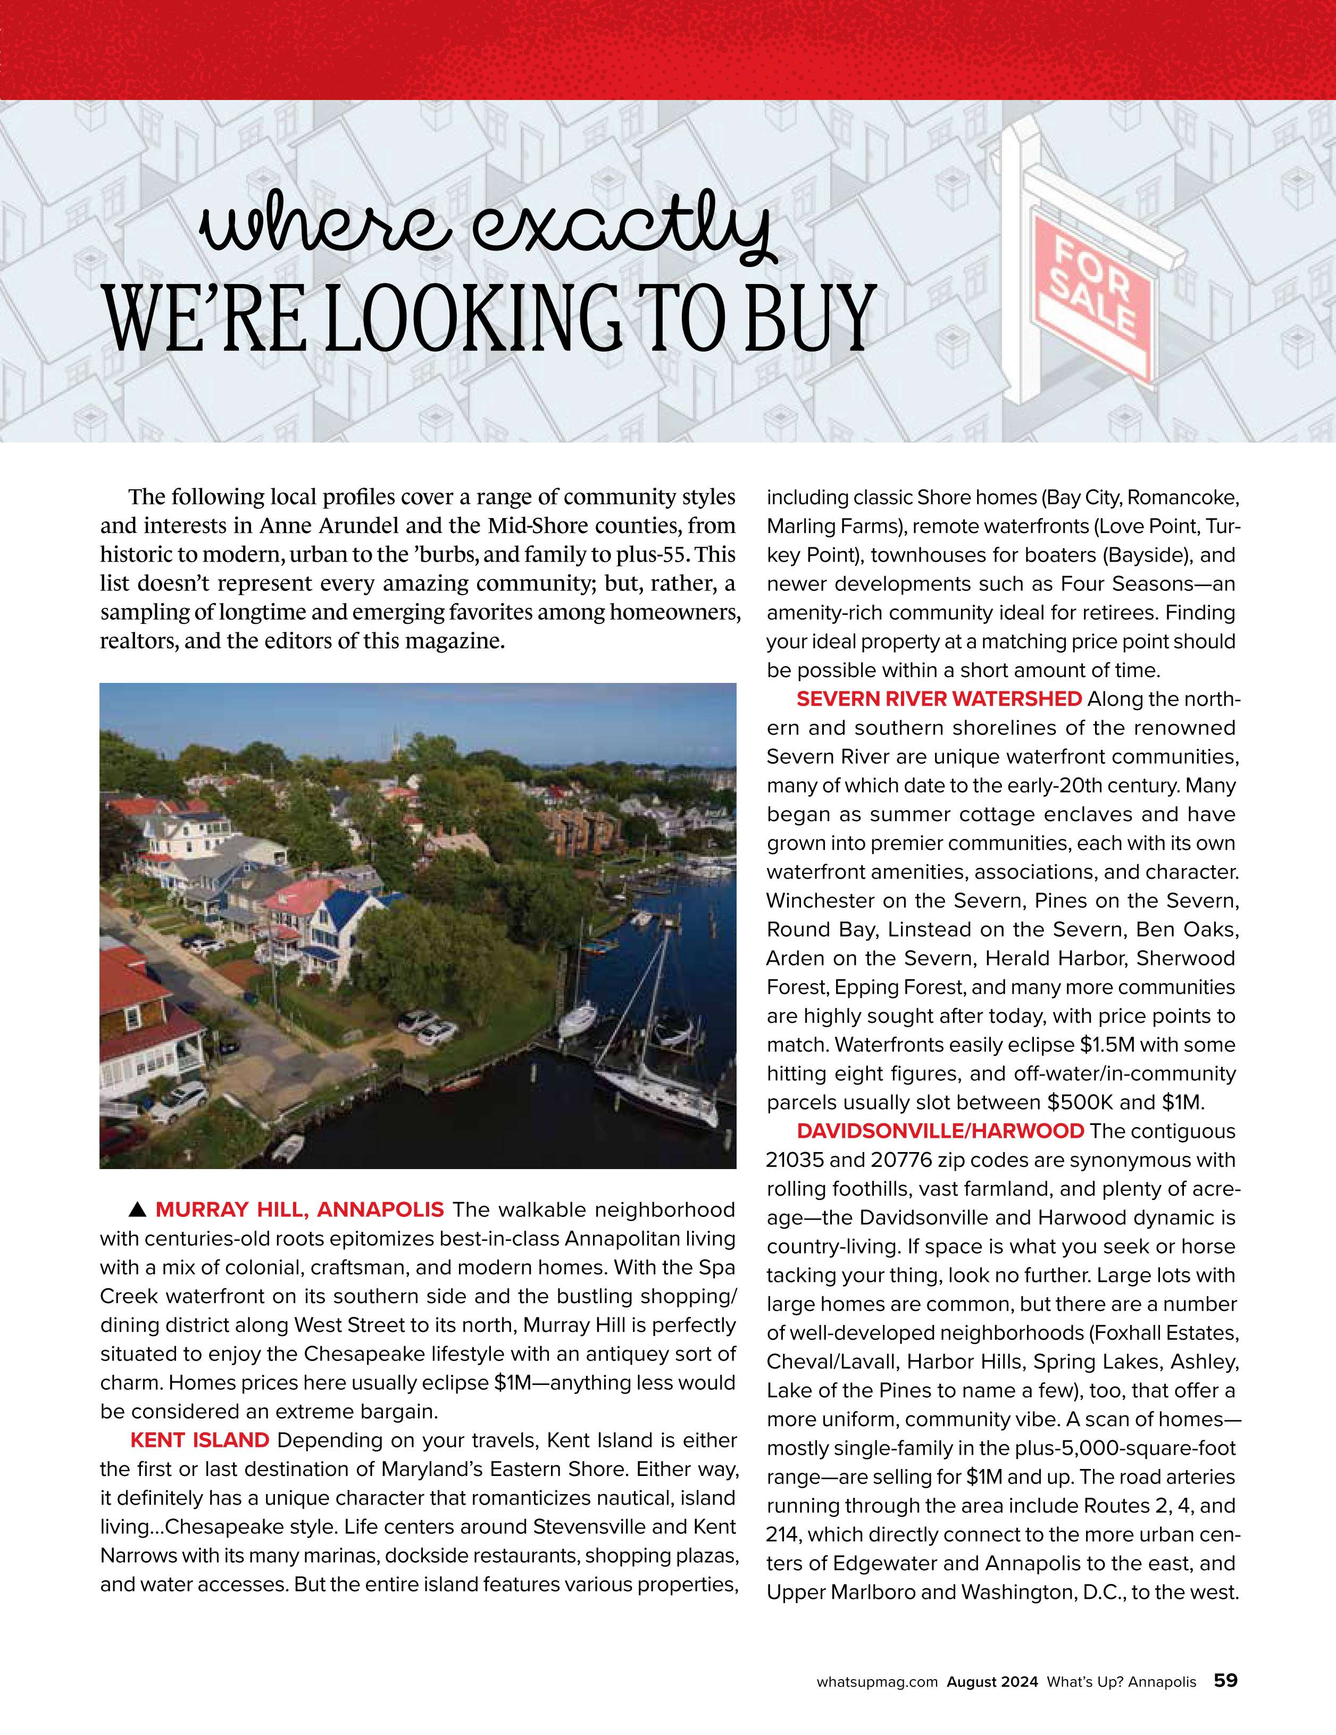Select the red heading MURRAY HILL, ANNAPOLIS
click(299, 1210)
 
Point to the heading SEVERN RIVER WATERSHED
click(939, 699)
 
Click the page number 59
click(1225, 1680)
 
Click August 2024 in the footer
click(992, 1682)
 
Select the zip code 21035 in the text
click(795, 1160)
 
